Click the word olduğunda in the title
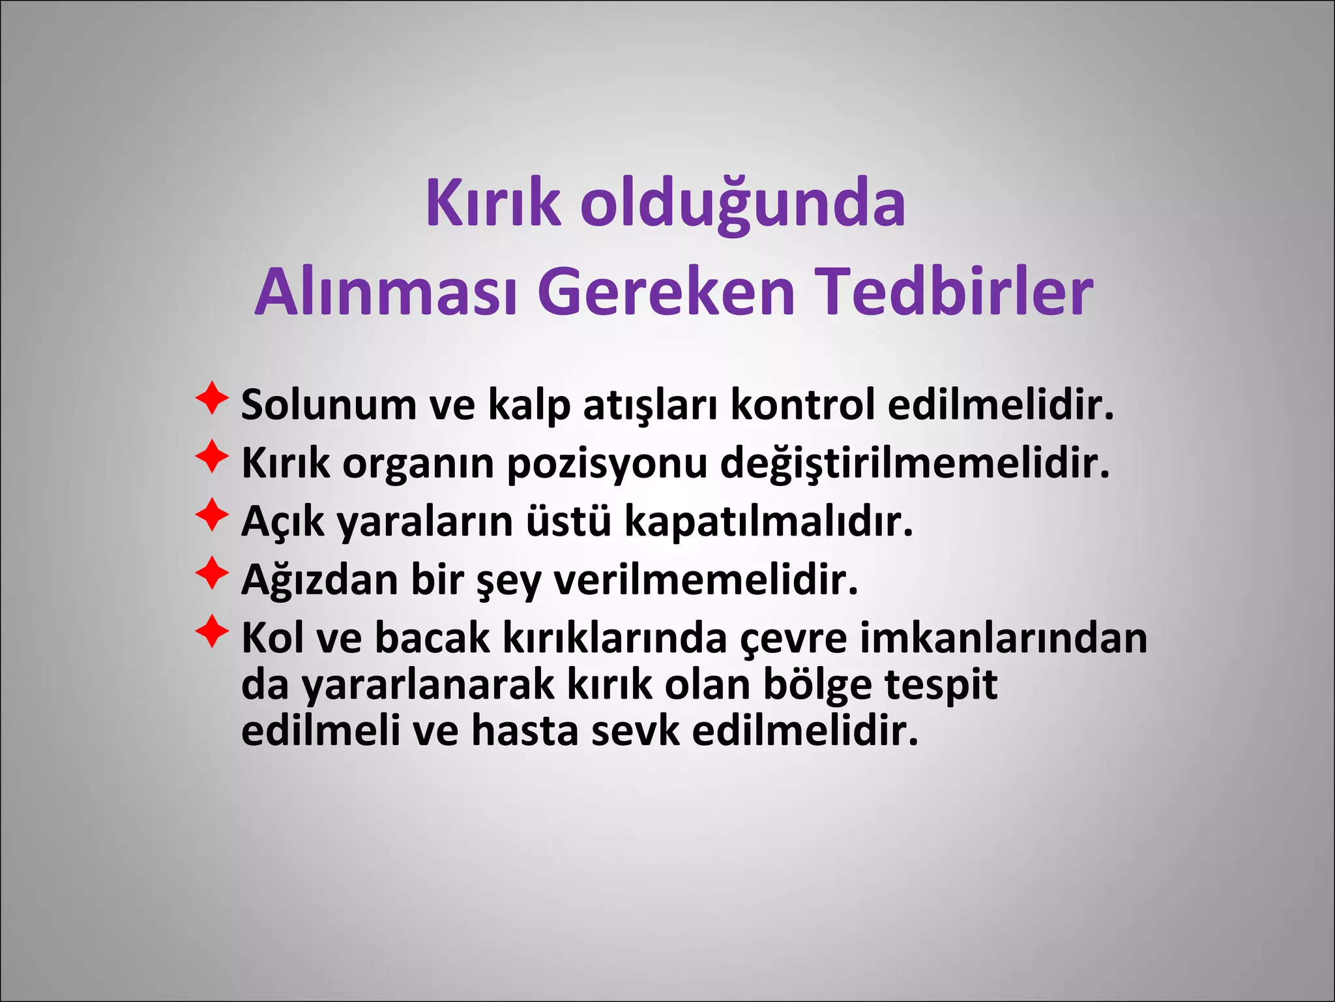pos(742,204)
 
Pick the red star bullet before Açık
pos(212,515)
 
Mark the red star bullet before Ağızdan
pos(212,573)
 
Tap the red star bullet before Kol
pos(212,631)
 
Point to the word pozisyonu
pos(607,464)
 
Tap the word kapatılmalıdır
pos(769,523)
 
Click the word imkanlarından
pos(1003,638)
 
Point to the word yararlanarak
pos(428,685)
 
